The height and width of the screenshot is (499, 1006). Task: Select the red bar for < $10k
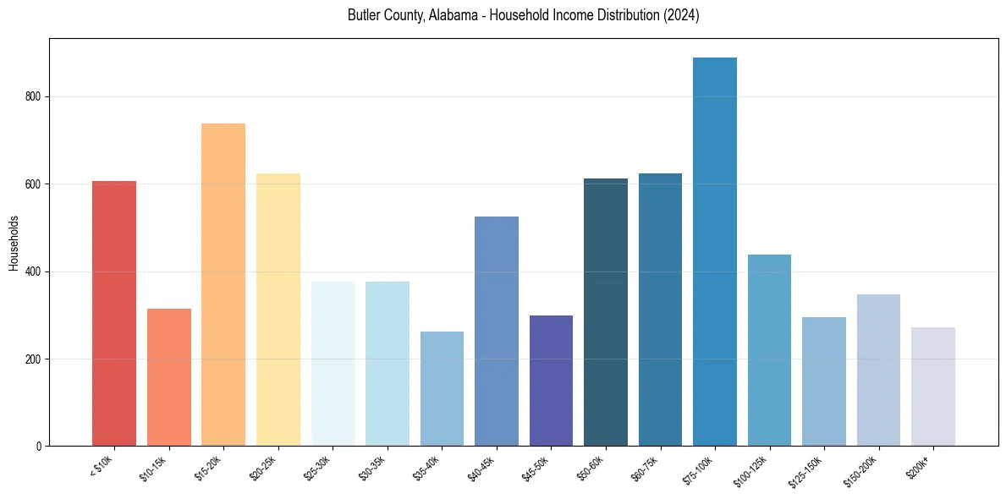tap(114, 313)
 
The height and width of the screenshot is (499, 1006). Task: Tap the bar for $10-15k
tap(168, 377)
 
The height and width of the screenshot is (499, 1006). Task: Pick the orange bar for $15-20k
tap(223, 284)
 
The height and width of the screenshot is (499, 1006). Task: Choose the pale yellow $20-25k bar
tap(278, 310)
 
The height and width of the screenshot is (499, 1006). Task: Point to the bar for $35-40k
tap(442, 388)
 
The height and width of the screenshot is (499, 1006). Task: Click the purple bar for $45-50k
tap(551, 381)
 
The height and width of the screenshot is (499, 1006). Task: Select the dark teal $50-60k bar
tap(606, 312)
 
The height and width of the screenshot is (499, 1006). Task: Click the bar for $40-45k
tap(497, 331)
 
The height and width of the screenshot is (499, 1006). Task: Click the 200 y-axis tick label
tap(36, 359)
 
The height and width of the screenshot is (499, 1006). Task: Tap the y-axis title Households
tap(14, 243)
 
